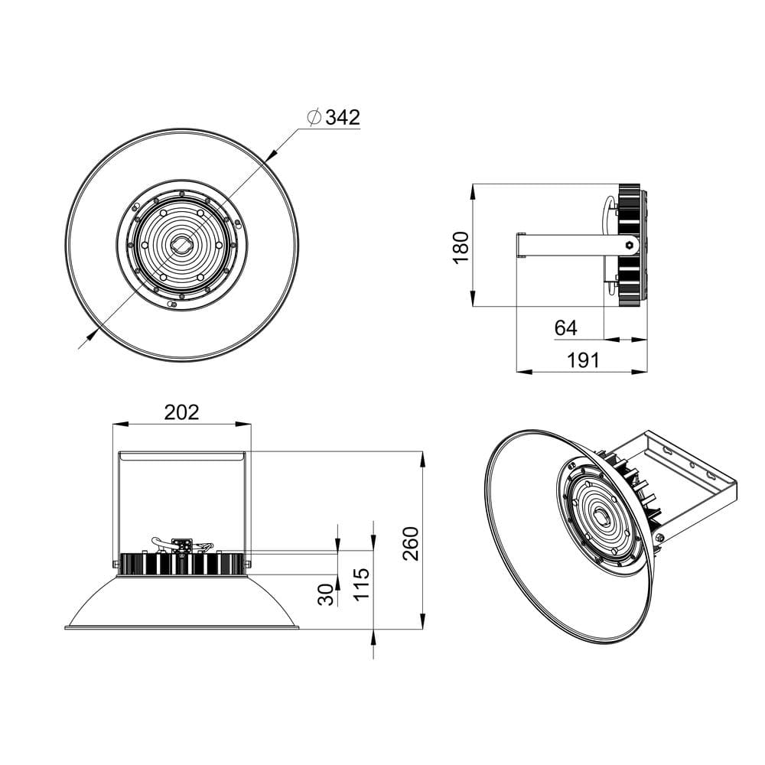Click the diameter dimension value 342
[x=343, y=117]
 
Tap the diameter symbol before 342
[x=313, y=117]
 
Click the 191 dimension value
[x=584, y=360]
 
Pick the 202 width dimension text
[x=182, y=412]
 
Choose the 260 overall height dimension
[x=412, y=543]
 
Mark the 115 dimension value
[x=362, y=583]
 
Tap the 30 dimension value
[x=327, y=594]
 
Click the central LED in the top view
[x=182, y=245]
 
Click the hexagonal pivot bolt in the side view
[x=630, y=245]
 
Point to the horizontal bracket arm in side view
[x=570, y=245]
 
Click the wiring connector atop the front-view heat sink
[x=182, y=545]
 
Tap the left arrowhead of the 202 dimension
[x=118, y=423]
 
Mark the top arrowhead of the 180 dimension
[x=474, y=189]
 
